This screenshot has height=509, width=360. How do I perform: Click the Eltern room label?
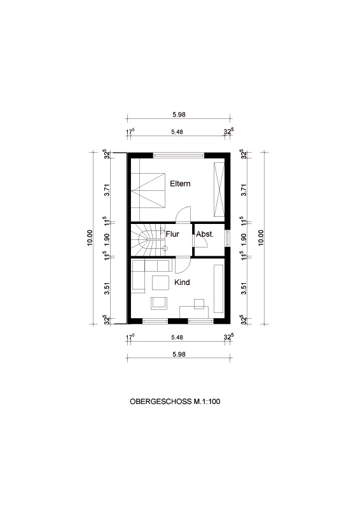pyautogui.click(x=180, y=184)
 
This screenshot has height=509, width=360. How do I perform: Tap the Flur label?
pyautogui.click(x=172, y=234)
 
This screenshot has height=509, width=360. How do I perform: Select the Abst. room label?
pyautogui.click(x=205, y=234)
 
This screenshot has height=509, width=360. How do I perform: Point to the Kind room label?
pyautogui.click(x=182, y=282)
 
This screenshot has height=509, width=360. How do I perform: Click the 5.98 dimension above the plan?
pyautogui.click(x=179, y=115)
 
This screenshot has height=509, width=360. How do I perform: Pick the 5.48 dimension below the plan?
pyautogui.click(x=177, y=338)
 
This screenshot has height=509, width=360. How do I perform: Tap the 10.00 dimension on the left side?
pyautogui.click(x=90, y=238)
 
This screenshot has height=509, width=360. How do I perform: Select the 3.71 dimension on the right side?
pyautogui.click(x=244, y=190)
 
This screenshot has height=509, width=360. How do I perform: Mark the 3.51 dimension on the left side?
pyautogui.click(x=107, y=289)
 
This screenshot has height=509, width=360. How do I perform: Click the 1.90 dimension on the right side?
pyautogui.click(x=244, y=239)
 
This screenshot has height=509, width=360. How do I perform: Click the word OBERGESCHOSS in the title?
pyautogui.click(x=161, y=401)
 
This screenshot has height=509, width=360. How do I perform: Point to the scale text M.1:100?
pyautogui.click(x=207, y=401)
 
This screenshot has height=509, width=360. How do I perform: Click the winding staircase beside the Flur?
pyautogui.click(x=148, y=240)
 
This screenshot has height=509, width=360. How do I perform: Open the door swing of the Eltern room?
pyautogui.click(x=183, y=214)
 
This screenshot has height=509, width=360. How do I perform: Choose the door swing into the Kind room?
pyautogui.click(x=183, y=265)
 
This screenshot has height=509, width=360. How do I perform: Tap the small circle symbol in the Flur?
pyautogui.click(x=165, y=249)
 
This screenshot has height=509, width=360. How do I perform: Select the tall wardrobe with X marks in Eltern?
pyautogui.click(x=219, y=189)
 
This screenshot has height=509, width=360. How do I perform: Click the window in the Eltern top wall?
pyautogui.click(x=179, y=155)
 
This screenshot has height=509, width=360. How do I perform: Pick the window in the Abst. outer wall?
pyautogui.click(x=227, y=239)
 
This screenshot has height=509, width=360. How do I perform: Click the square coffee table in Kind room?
pyautogui.click(x=160, y=282)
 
